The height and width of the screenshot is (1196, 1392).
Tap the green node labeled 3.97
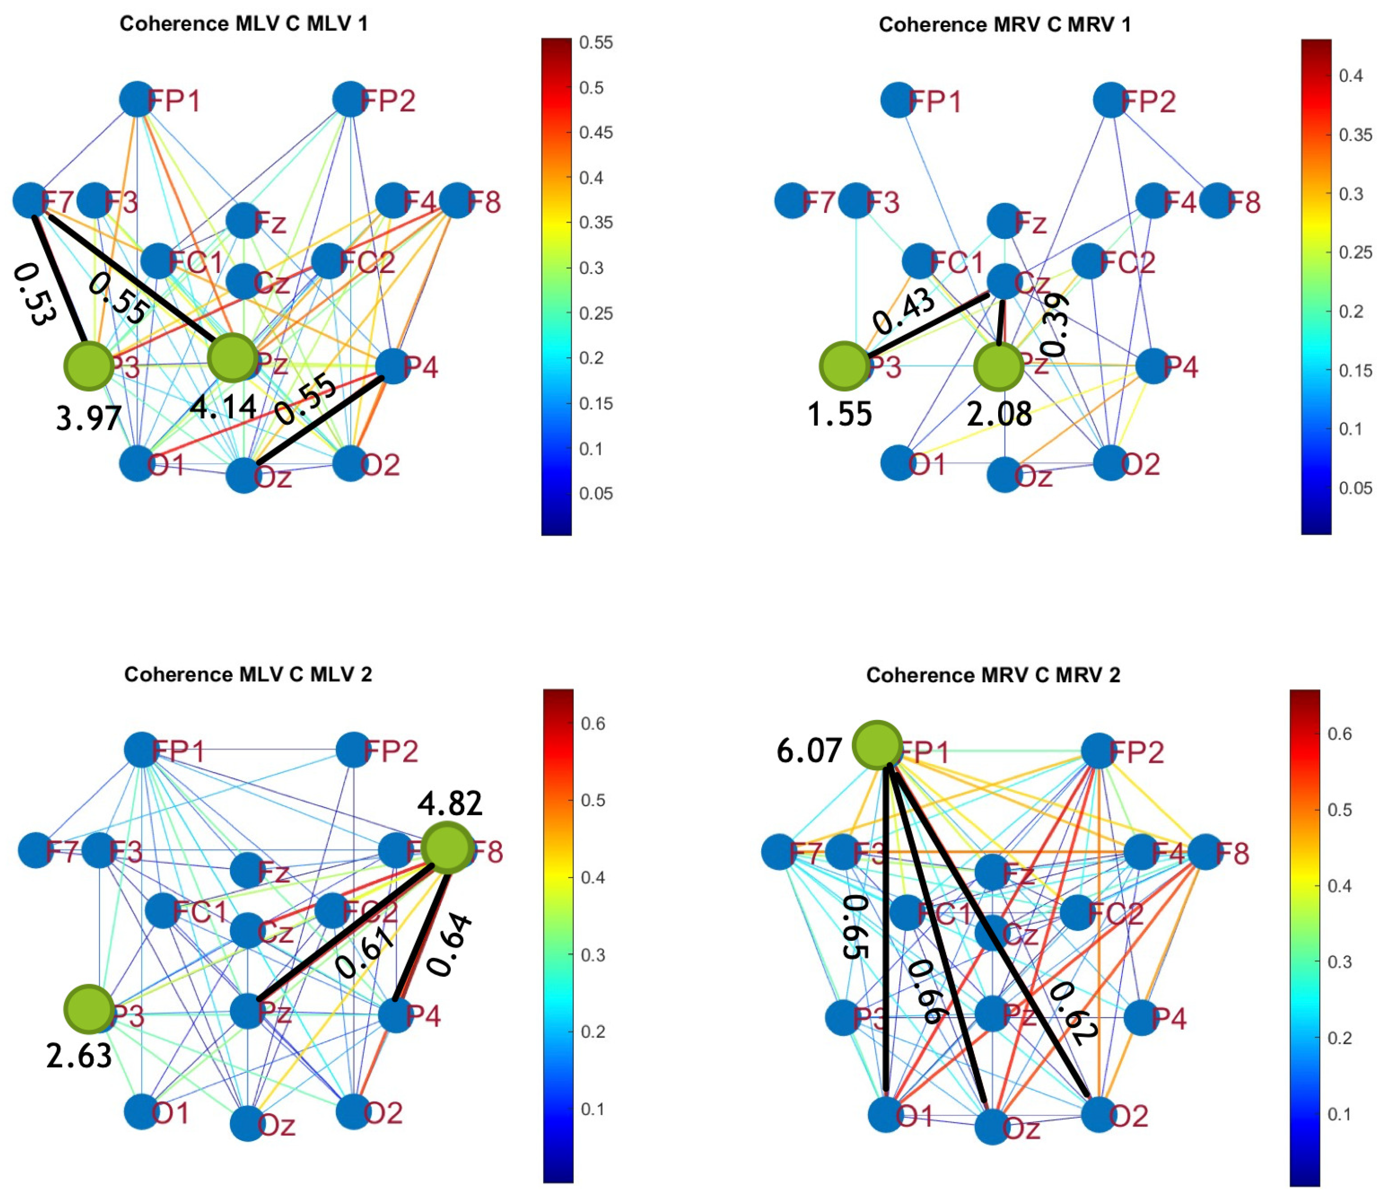click(88, 366)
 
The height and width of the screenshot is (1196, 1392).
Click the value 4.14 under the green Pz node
click(223, 407)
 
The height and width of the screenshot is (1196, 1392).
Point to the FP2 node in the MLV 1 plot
click(349, 100)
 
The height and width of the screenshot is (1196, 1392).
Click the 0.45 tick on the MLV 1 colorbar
click(596, 132)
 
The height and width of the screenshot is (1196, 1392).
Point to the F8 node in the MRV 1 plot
click(1216, 200)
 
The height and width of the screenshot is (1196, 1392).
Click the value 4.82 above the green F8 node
click(449, 803)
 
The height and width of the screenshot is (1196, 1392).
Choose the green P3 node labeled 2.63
click(88, 1009)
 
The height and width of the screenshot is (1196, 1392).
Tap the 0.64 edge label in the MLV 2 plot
click(449, 944)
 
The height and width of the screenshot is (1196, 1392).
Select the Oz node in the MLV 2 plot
click(247, 1123)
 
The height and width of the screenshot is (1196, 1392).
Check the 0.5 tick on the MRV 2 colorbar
click(1339, 809)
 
